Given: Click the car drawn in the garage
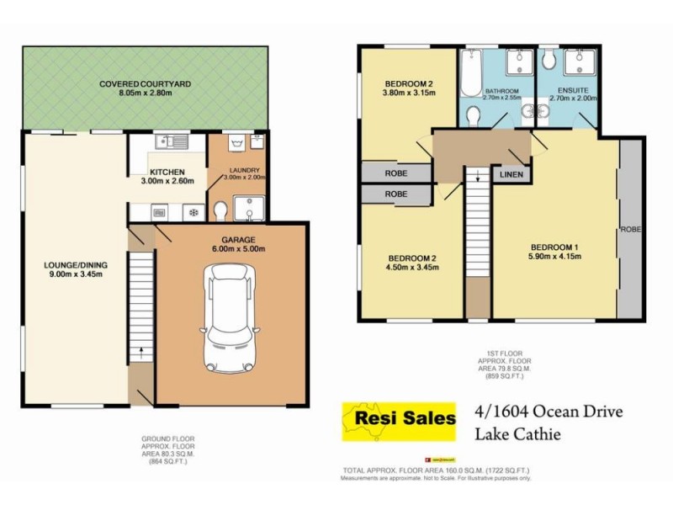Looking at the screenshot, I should click(x=230, y=316).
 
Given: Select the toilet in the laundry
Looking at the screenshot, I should click(x=220, y=208).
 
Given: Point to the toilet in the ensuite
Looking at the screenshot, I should click(x=548, y=58).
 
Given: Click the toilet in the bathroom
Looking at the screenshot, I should click(x=474, y=114).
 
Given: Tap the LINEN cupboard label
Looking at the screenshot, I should click(x=511, y=175).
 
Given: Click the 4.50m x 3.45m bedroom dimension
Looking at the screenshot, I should click(x=411, y=268).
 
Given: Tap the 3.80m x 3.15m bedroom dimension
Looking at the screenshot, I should click(x=408, y=93).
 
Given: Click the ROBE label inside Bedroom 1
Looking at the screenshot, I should click(x=628, y=228).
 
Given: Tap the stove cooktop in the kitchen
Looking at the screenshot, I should click(x=193, y=212).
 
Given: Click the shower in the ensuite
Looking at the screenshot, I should click(x=580, y=62).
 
